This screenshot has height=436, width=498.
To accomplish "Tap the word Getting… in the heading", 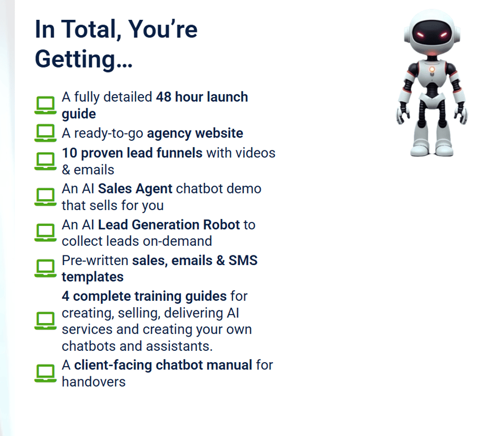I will tap(83, 58).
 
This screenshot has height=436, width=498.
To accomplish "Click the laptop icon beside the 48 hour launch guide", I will tap(45, 106).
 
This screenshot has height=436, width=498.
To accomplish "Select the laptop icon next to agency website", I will tap(45, 133).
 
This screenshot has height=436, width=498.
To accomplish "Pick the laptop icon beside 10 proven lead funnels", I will tap(45, 161).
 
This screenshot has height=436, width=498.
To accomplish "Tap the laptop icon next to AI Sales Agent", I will tap(45, 196).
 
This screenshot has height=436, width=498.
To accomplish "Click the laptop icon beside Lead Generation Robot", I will tap(45, 233).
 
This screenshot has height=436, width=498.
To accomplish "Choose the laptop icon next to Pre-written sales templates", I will tap(45, 268).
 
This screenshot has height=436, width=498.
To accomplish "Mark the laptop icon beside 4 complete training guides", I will tap(45, 321).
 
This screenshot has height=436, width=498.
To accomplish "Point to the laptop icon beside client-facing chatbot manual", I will tap(45, 373).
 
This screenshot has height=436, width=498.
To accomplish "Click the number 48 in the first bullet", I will tap(164, 97).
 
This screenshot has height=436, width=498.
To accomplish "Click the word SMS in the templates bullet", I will tap(243, 261).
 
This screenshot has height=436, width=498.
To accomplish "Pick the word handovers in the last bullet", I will tap(94, 381).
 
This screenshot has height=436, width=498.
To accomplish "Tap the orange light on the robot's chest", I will tap(432, 70).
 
